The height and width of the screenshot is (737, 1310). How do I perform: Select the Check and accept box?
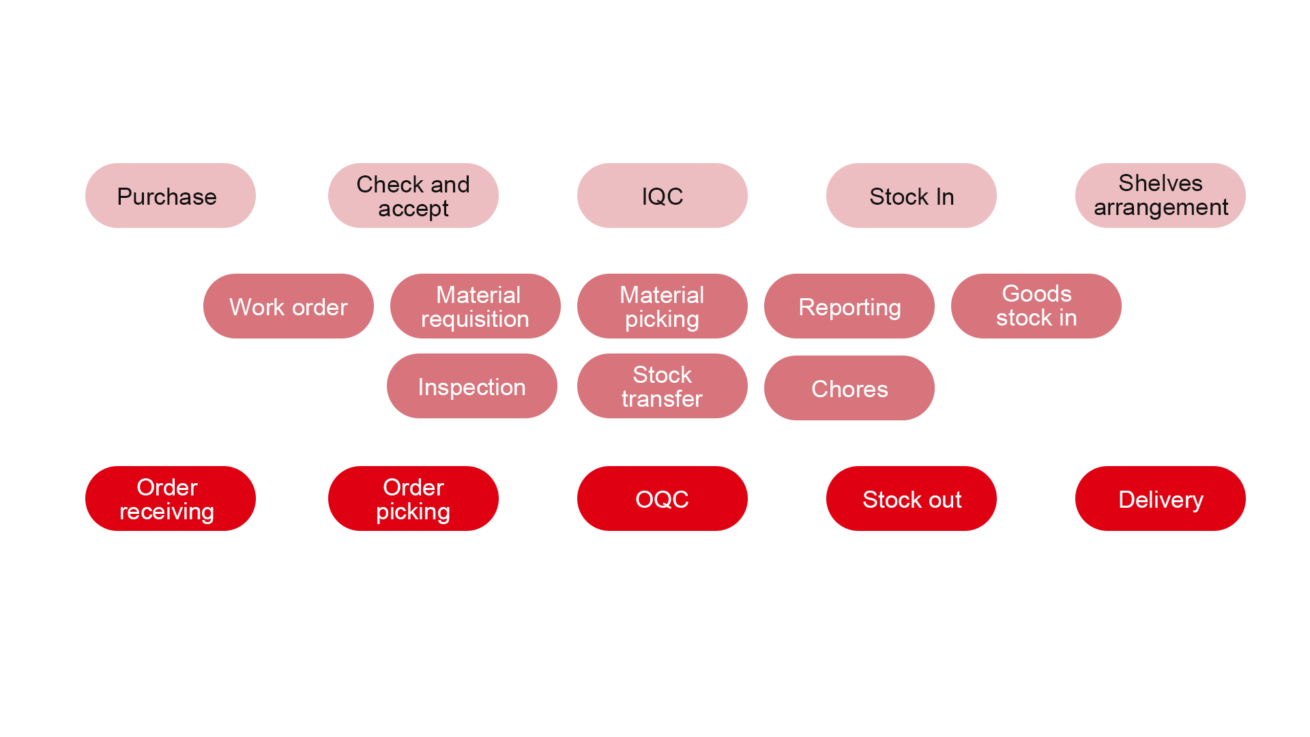413,196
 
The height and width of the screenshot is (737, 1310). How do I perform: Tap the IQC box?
662,196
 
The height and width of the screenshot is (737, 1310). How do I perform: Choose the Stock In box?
911,196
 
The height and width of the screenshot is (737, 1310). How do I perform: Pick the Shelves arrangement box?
1160,196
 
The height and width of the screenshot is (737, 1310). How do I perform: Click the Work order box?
288,306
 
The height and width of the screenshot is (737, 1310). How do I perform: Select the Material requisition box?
475,306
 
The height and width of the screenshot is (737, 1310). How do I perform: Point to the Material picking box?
662,306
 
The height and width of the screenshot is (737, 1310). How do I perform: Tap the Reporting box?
849,306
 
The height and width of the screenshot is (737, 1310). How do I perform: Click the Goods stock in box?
1036,306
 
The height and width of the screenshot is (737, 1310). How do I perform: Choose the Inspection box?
471,386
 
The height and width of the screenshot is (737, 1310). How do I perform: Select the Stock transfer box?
662,386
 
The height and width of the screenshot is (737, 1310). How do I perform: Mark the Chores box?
849,388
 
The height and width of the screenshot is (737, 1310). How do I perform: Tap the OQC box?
662,499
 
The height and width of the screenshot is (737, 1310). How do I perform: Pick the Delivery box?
1160,499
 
